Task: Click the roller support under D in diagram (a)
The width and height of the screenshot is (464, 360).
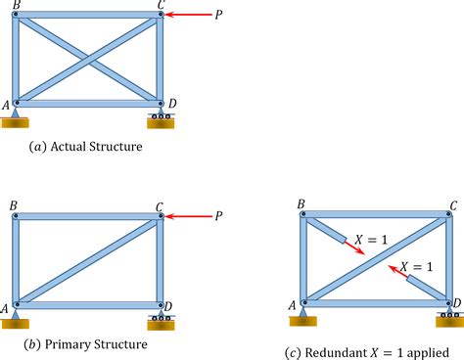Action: click(x=161, y=119)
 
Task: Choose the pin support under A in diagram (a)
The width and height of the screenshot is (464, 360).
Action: click(x=15, y=118)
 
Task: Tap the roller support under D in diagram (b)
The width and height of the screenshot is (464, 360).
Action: click(x=161, y=318)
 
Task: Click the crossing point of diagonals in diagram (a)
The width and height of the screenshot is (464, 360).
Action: click(x=88, y=58)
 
